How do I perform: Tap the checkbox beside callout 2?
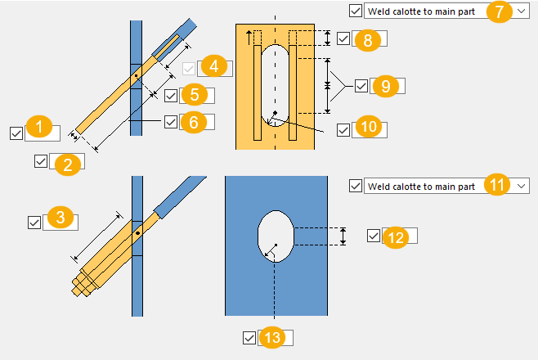pos(41,161)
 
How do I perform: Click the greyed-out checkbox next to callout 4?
pos(189,69)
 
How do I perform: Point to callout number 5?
pos(194,95)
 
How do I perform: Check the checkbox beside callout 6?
pos(194,122)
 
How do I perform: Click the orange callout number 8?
pos(367,40)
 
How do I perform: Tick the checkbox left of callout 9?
pos(361,85)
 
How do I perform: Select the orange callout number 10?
pos(368,128)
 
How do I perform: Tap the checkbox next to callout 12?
pos(374,236)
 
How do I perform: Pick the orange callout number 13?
pos(272,338)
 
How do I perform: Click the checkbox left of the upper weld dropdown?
pos(355,11)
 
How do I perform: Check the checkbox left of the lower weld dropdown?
pos(355,187)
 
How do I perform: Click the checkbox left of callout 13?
pos(249,337)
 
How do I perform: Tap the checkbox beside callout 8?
pos(343,38)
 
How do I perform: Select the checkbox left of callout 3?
pos(34,222)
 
